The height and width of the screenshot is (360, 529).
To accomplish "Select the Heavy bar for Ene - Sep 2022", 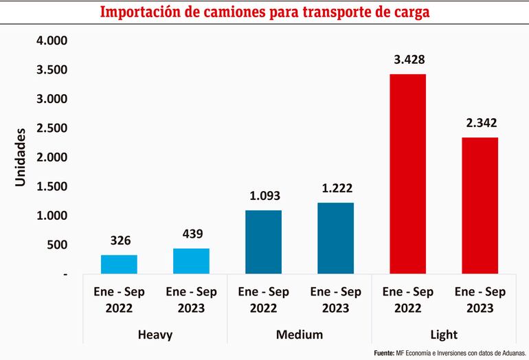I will pyautogui.click(x=119, y=265).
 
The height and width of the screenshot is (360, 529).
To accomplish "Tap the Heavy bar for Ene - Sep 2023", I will pyautogui.click(x=191, y=261).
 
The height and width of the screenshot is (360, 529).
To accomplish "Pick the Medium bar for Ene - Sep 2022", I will pyautogui.click(x=263, y=242).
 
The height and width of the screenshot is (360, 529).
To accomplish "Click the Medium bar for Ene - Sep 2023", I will pyautogui.click(x=335, y=238).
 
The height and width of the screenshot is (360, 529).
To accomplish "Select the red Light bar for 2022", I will pyautogui.click(x=407, y=174).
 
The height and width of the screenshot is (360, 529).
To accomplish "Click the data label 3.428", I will pyautogui.click(x=407, y=60).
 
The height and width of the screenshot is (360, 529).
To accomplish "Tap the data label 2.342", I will pyautogui.click(x=480, y=124).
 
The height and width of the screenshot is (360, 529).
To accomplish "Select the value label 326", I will pyautogui.click(x=120, y=241).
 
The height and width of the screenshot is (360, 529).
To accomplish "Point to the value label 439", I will pyautogui.click(x=192, y=234).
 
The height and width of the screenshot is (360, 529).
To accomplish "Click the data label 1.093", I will pyautogui.click(x=263, y=196).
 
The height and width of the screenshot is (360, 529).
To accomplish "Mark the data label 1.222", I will pyautogui.click(x=335, y=189).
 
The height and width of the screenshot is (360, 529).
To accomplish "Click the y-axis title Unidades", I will pyautogui.click(x=21, y=157).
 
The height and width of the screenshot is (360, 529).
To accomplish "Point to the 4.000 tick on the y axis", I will pyautogui.click(x=52, y=41).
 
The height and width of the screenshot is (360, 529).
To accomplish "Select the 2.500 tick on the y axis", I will pyautogui.click(x=52, y=128).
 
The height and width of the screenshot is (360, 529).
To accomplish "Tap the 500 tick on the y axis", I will pyautogui.click(x=57, y=245).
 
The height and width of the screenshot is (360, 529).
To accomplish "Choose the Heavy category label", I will pyautogui.click(x=155, y=335).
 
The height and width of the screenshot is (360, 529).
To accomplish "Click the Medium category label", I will pyautogui.click(x=300, y=335).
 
